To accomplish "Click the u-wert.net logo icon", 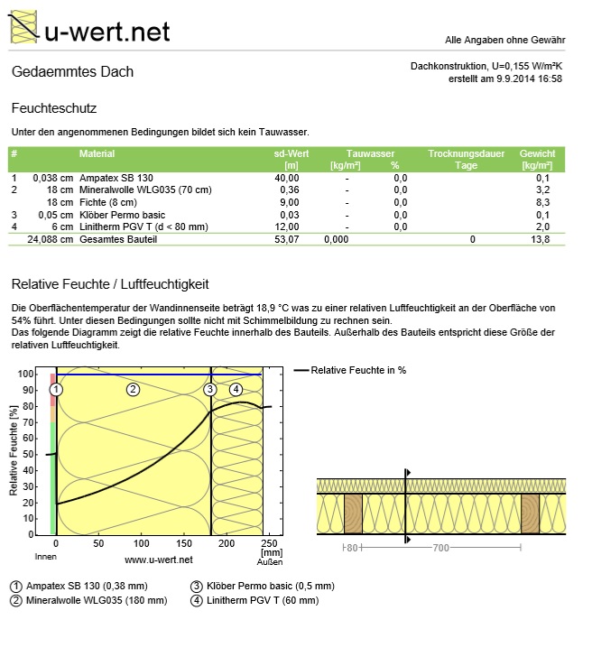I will (24, 27).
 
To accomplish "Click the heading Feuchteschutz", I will (53, 107).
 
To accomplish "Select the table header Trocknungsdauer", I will (465, 154).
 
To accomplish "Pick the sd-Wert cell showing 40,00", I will (287, 178).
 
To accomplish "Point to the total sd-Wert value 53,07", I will (287, 239).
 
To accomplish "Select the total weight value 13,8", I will (541, 239).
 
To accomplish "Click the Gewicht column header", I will (537, 154).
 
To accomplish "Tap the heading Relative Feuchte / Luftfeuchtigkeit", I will (110, 284).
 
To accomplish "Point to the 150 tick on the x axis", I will (184, 544).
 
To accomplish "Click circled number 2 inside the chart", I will (133, 389).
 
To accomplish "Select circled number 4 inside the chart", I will (236, 389).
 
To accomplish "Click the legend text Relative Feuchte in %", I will (358, 370).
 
